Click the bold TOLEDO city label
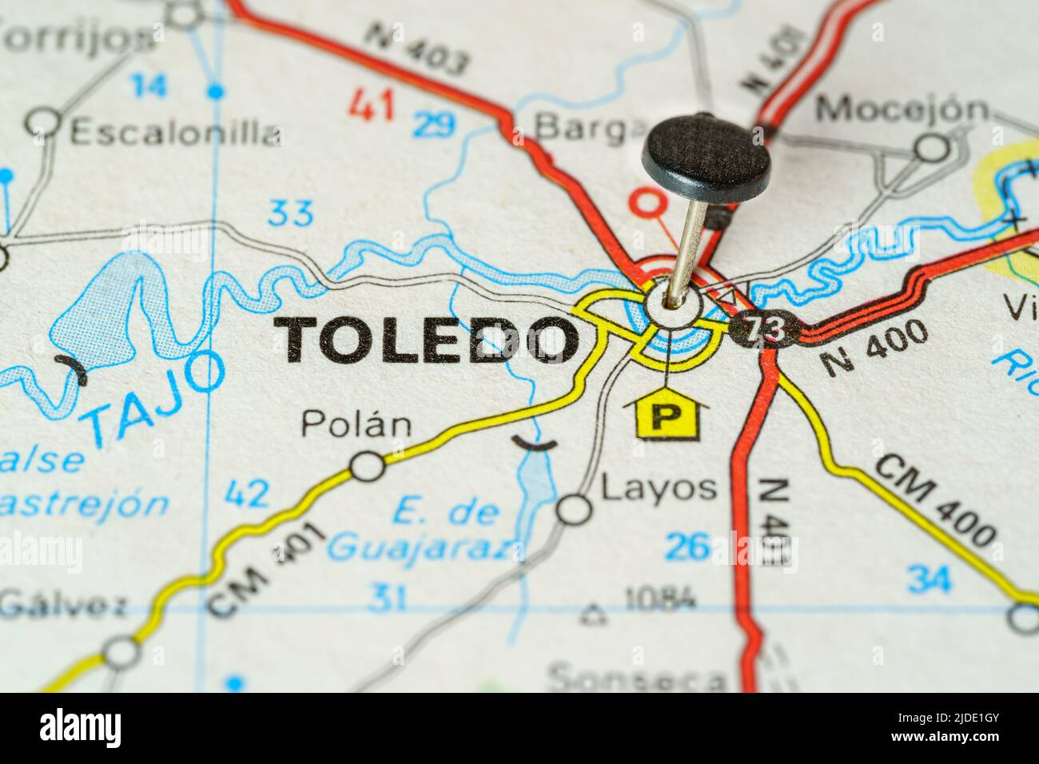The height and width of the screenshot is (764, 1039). (x=428, y=339)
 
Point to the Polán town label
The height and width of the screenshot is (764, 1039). (x=356, y=424)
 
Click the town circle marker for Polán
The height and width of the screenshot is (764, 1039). (x=368, y=466)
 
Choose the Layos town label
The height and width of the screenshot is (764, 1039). (x=658, y=487)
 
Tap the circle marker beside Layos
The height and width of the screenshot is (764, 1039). (x=573, y=509)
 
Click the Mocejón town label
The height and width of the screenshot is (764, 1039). (x=902, y=109)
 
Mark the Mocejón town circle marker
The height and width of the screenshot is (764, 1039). (x=931, y=148)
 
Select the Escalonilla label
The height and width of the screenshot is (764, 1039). (x=176, y=133)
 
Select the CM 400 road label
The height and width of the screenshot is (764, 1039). (x=934, y=500)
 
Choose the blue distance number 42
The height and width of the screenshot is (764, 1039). (x=247, y=495)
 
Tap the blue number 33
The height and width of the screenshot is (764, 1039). (x=291, y=213)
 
